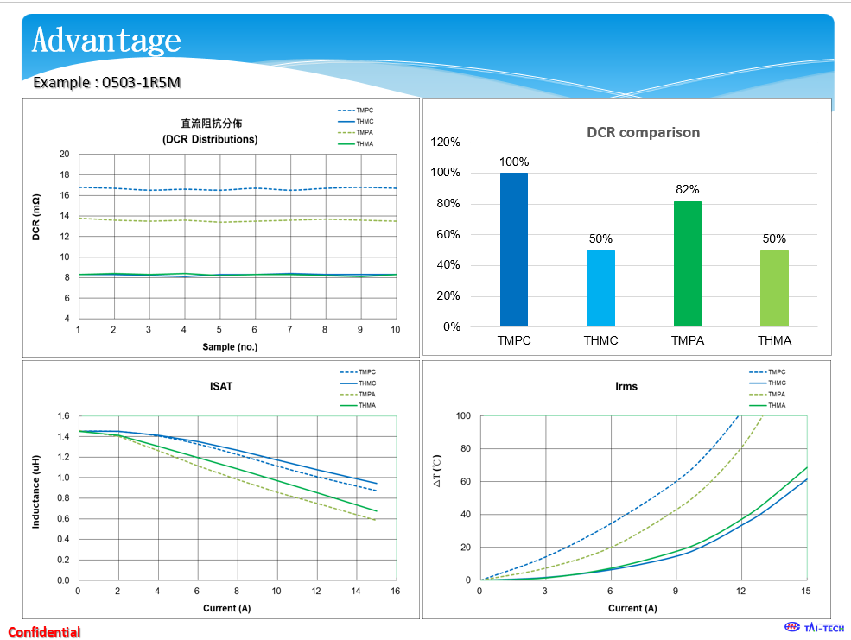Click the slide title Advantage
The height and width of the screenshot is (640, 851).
106,40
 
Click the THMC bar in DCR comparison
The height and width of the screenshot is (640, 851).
600,288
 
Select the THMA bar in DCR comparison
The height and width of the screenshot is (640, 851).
774,288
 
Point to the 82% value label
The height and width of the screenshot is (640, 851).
688,189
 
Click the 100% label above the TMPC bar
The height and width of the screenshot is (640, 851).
514,162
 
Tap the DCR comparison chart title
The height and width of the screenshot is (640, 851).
643,132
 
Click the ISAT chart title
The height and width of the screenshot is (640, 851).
221,386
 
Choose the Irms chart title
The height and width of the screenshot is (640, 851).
626,386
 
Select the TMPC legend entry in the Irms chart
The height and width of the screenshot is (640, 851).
776,372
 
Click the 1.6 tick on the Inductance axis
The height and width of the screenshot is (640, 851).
62,415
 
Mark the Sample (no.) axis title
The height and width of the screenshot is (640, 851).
230,347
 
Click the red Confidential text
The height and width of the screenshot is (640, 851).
44,631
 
